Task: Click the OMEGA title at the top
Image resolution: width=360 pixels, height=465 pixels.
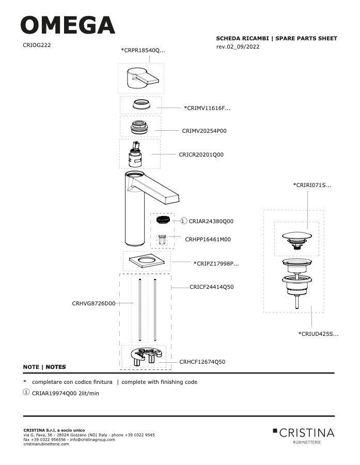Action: pyautogui.click(x=68, y=25)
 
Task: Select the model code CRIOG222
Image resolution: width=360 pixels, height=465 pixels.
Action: pyautogui.click(x=37, y=45)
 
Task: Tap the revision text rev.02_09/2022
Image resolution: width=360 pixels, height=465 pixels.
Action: pyautogui.click(x=238, y=47)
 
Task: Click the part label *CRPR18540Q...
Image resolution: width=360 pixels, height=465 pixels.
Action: pyautogui.click(x=143, y=51)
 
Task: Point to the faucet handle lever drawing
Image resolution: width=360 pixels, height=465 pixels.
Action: pyautogui.click(x=143, y=78)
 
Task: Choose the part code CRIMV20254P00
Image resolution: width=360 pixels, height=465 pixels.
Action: pyautogui.click(x=205, y=131)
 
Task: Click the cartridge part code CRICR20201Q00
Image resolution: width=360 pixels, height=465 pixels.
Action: pyautogui.click(x=201, y=154)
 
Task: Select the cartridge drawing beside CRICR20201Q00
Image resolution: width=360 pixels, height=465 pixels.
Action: pyautogui.click(x=135, y=154)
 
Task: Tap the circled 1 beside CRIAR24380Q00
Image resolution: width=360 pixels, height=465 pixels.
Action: pyautogui.click(x=184, y=221)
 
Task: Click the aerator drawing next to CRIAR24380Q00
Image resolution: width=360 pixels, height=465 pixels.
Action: pyautogui.click(x=163, y=220)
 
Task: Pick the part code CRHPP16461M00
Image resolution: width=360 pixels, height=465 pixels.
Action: pyautogui.click(x=208, y=239)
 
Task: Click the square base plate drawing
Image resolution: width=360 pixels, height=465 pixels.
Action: pyautogui.click(x=147, y=261)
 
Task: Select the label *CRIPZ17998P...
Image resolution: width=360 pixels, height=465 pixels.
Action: pyautogui.click(x=216, y=263)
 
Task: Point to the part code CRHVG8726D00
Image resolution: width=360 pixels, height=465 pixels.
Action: pyautogui.click(x=93, y=303)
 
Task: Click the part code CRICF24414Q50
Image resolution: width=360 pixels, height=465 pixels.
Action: pyautogui.click(x=212, y=287)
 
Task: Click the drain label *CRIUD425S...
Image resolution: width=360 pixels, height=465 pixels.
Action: pyautogui.click(x=318, y=334)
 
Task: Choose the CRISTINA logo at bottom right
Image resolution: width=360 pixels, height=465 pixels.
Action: pyautogui.click(x=304, y=436)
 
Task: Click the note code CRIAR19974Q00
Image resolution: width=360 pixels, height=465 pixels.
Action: pyautogui.click(x=54, y=394)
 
